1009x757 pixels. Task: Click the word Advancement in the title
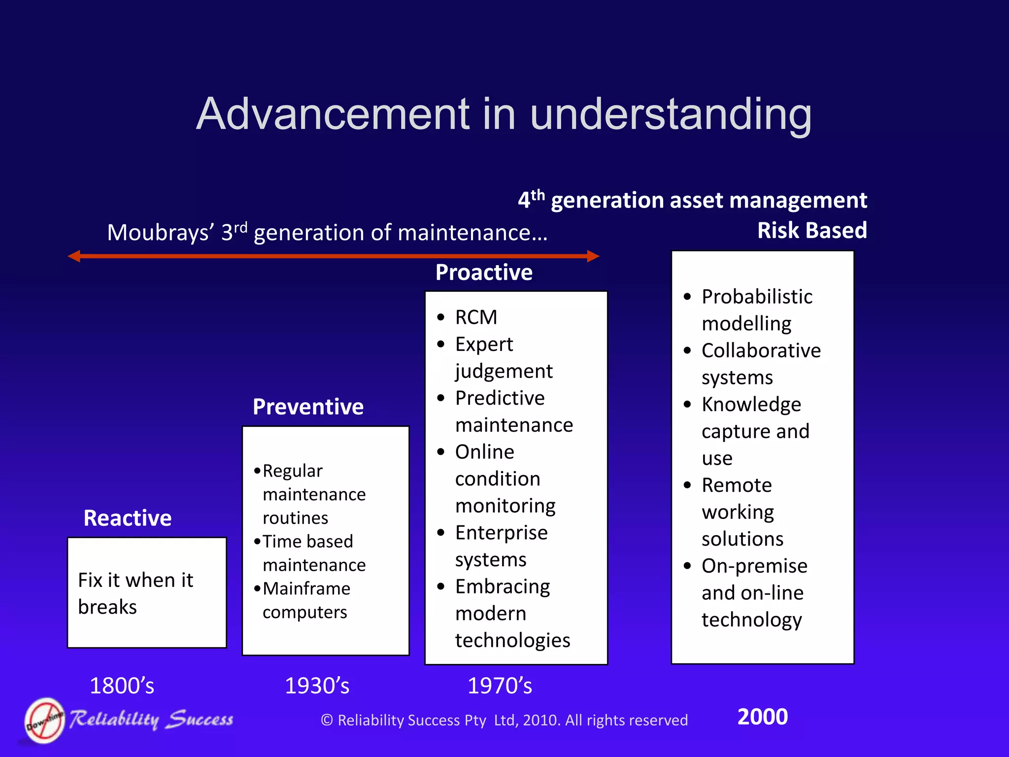click(x=333, y=114)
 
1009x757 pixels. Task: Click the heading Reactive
click(x=128, y=518)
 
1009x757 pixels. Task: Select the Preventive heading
click(x=308, y=407)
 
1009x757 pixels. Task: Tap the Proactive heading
click(x=484, y=272)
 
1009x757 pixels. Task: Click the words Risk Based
click(x=811, y=230)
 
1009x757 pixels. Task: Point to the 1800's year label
click(x=122, y=686)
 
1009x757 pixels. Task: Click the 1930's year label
click(x=317, y=686)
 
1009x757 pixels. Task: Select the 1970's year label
click(x=500, y=686)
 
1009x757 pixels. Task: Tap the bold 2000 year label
click(x=762, y=717)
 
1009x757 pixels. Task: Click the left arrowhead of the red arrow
click(x=74, y=256)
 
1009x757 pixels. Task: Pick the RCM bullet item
click(x=476, y=317)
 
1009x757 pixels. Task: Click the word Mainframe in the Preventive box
click(x=306, y=588)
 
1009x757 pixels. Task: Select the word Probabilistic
click(x=757, y=297)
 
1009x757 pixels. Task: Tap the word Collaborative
click(x=761, y=350)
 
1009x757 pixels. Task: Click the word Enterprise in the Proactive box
click(x=501, y=533)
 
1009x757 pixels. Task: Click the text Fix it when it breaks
click(x=135, y=593)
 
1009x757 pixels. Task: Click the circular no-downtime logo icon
click(x=45, y=720)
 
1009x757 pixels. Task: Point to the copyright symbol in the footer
click(x=327, y=720)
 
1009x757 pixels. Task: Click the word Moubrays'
click(x=160, y=233)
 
